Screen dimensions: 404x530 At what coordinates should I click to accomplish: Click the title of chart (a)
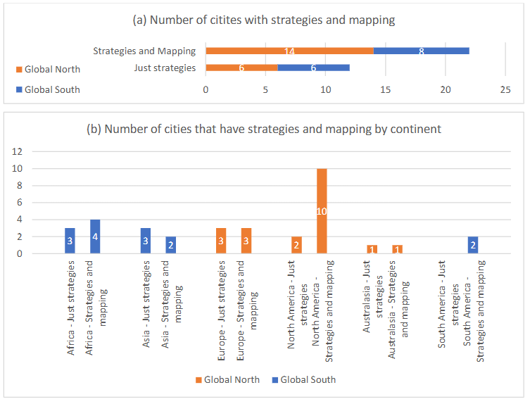(264, 20)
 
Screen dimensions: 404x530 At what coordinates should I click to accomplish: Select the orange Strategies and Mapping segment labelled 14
(289, 51)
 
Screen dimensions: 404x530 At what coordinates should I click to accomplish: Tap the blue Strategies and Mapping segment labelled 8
(421, 51)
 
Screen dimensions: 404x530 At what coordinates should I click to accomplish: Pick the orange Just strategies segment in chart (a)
(241, 68)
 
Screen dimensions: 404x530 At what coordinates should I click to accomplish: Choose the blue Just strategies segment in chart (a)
(313, 68)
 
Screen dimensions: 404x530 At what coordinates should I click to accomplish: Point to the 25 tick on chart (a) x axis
(505, 90)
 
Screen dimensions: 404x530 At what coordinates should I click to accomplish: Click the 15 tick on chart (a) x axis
(385, 90)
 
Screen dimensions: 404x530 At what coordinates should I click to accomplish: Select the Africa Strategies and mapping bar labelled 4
(95, 236)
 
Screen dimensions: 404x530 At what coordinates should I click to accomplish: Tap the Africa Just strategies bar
(70, 241)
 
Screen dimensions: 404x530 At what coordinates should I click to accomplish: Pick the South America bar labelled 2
(474, 245)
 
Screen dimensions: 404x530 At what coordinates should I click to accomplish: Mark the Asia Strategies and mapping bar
(171, 245)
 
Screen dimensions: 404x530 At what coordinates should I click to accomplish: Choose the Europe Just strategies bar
(221, 241)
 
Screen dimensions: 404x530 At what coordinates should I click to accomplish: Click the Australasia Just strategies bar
(372, 249)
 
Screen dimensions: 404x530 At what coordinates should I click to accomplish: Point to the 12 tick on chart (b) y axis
(18, 151)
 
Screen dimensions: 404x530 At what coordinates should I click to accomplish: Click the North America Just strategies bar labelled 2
(296, 245)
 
